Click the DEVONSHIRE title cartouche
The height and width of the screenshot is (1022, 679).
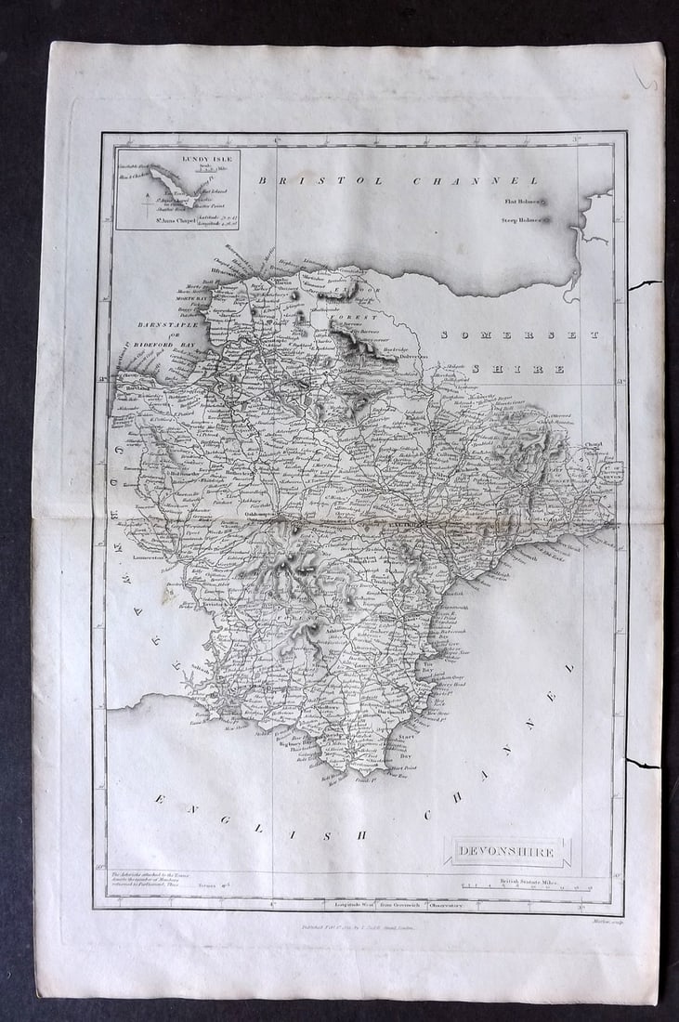click(506, 852)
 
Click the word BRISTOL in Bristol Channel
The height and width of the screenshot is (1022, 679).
click(320, 180)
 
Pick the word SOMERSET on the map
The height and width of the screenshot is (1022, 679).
click(520, 334)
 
